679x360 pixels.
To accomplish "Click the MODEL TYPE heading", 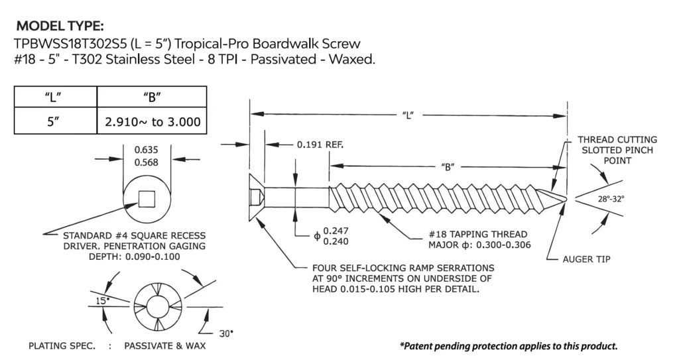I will (59, 27).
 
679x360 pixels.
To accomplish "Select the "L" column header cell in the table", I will (55, 97).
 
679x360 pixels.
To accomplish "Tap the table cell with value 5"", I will (55, 122).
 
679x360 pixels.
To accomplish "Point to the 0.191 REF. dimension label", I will (320, 144).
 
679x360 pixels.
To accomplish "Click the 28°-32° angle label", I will (610, 198).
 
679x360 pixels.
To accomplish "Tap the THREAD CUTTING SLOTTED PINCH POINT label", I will (617, 150).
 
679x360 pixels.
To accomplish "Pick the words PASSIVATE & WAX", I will (164, 346).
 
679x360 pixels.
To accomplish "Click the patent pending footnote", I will (509, 346).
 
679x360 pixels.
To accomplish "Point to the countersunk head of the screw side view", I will (257, 197).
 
